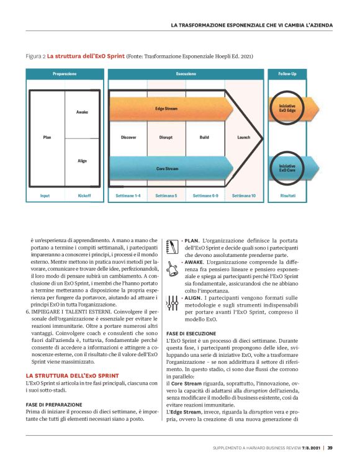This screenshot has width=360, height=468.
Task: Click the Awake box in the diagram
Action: click(x=82, y=112)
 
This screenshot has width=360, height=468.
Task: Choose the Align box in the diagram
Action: click(x=82, y=161)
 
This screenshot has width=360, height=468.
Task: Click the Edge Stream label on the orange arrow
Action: click(x=166, y=109)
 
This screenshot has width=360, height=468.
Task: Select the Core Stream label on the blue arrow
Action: click(x=166, y=168)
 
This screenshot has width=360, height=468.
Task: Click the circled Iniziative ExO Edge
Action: click(x=287, y=108)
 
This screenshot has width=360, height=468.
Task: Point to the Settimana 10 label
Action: click(x=244, y=196)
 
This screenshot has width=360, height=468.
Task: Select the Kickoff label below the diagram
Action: click(x=84, y=196)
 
